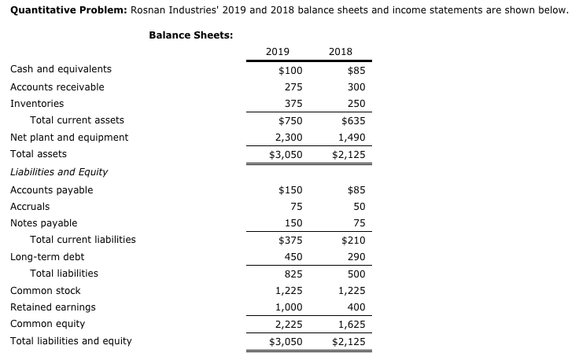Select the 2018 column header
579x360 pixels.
click(x=341, y=52)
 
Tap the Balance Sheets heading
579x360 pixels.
click(x=190, y=35)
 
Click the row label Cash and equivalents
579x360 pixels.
click(x=61, y=69)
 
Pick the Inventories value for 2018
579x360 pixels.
click(x=354, y=103)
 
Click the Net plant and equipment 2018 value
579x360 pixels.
click(x=351, y=138)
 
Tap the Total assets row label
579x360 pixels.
click(x=38, y=154)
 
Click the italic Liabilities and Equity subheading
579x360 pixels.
click(x=59, y=171)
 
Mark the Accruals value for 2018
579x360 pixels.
click(x=357, y=206)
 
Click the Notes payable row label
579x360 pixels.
click(x=43, y=222)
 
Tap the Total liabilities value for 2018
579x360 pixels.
click(x=354, y=274)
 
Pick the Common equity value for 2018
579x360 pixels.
click(x=351, y=324)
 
